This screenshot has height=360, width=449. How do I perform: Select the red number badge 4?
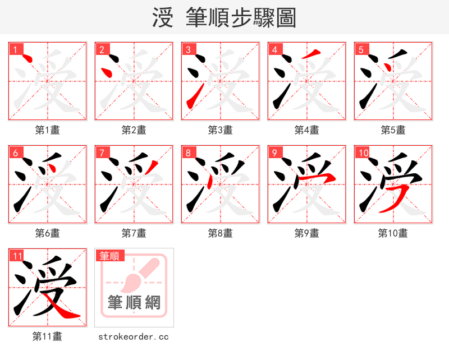pos(274,49)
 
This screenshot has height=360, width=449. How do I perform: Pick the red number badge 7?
pos(102,153)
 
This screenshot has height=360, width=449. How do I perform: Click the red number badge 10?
pos(363,153)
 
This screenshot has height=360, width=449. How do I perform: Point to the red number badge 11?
pos(17,256)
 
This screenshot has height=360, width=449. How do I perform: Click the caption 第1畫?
pos(48,130)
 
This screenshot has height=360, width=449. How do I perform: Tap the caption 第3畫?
pos(221,130)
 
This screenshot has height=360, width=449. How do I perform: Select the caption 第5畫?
pos(393,130)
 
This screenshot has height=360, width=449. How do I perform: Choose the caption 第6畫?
pos(48,233)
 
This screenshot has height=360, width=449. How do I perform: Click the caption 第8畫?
pos(221,233)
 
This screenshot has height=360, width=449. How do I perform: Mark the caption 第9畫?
pos(307,233)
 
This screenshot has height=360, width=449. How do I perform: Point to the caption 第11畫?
pos(48,336)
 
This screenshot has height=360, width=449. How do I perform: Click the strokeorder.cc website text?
pos(134,336)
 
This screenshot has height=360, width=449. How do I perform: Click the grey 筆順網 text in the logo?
pos(134,303)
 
